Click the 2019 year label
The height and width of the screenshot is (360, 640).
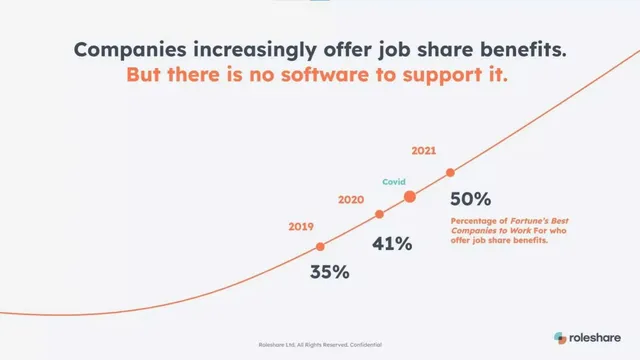[301, 227]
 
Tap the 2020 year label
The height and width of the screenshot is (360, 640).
[351, 200]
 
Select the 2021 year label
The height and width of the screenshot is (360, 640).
[424, 151]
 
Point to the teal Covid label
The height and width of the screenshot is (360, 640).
[394, 182]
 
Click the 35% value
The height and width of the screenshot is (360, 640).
[330, 272]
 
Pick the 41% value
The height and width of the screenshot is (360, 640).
[392, 244]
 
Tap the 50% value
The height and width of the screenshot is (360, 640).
[471, 199]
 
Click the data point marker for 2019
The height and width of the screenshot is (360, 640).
[320, 247]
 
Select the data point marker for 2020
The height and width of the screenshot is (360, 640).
[379, 214]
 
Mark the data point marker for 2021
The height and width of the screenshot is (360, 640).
[450, 173]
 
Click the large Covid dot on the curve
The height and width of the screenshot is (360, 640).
[410, 197]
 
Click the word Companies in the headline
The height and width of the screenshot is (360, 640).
[130, 50]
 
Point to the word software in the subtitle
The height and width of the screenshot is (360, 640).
[325, 75]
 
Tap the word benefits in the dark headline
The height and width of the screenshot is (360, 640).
[523, 49]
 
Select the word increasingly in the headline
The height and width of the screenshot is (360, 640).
[255, 50]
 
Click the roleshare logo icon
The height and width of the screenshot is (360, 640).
[560, 338]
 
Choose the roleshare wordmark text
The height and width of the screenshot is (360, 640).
[595, 338]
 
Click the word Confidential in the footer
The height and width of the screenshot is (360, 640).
[366, 345]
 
